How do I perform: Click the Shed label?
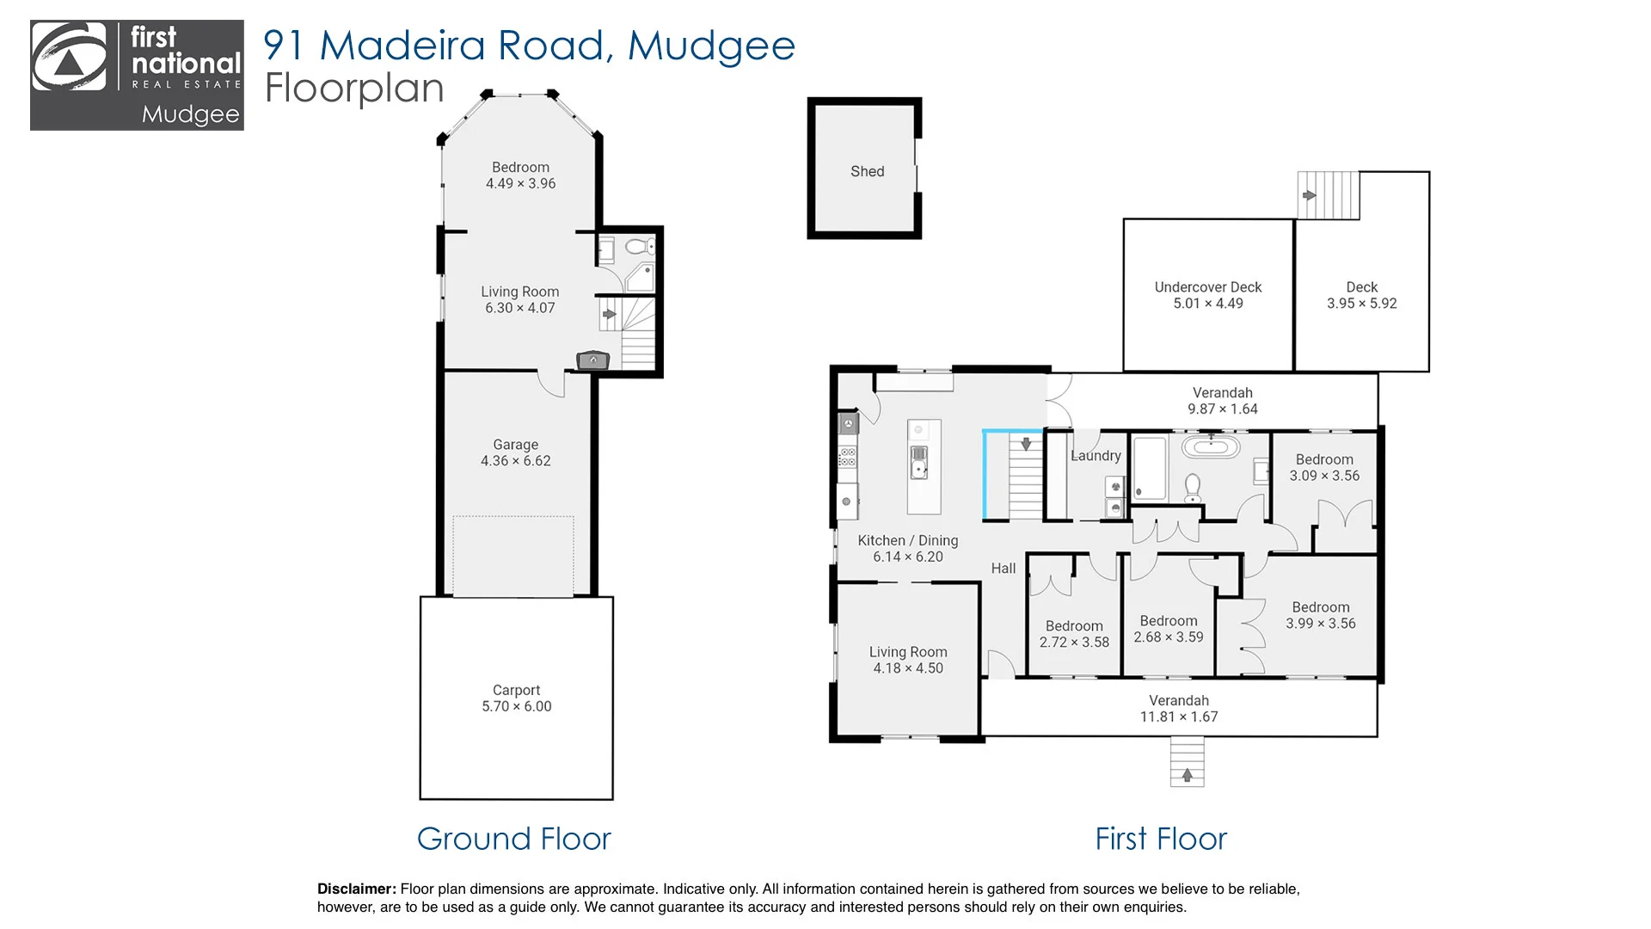[x=867, y=171]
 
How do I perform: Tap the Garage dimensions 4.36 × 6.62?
[x=516, y=461]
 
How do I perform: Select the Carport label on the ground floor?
[x=516, y=690]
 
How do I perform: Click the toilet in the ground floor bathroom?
[x=638, y=247]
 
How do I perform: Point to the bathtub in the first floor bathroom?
[x=1211, y=447]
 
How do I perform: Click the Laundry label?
[x=1096, y=456]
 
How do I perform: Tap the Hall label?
[x=1003, y=569]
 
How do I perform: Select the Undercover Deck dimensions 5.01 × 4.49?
[x=1208, y=304]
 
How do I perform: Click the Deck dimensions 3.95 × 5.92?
[x=1362, y=304]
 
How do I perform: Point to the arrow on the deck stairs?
[x=1309, y=195]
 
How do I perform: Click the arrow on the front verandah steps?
[x=1187, y=775]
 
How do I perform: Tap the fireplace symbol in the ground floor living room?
[x=592, y=360]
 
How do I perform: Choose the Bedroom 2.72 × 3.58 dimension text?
[x=1074, y=643]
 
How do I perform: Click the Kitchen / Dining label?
[x=908, y=540]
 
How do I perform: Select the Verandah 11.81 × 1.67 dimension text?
[x=1179, y=717]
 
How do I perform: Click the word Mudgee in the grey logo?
[x=190, y=114]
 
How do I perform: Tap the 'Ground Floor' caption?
[x=513, y=839]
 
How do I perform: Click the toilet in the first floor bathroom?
[x=1193, y=488]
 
